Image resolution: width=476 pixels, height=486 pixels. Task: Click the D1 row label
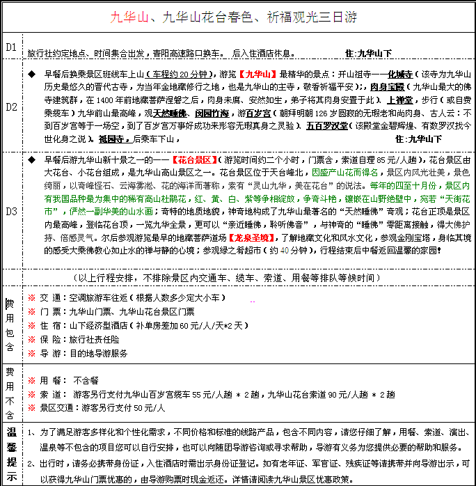tap(11, 47)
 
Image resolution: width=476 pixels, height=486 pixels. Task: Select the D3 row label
tap(11, 210)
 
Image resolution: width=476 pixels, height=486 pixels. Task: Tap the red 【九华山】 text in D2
tap(257, 73)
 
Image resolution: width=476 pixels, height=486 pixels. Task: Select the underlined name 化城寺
tap(400, 73)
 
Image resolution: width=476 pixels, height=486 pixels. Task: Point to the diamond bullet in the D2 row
tap(31, 73)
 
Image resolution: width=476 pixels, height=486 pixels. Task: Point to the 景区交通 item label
tap(57, 407)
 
